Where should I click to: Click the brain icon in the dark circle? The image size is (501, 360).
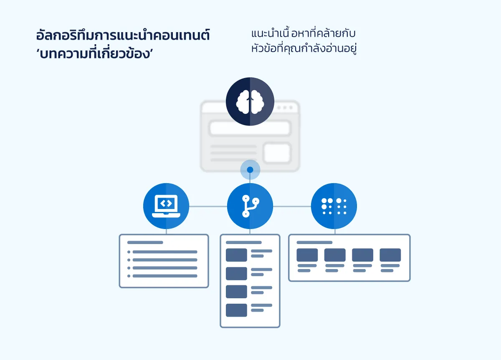(x=250, y=101)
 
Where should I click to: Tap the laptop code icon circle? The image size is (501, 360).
(x=166, y=206)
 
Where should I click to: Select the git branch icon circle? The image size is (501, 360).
(x=250, y=206)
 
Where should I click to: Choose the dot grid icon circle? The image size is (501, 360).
(x=334, y=206)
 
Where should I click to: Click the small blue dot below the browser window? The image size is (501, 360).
(x=250, y=170)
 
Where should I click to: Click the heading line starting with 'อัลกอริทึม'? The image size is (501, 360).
(x=123, y=36)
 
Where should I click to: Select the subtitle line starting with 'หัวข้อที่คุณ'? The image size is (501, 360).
(x=305, y=48)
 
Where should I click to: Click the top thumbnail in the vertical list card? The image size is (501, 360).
(x=236, y=255)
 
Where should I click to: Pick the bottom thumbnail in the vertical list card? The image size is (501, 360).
(x=236, y=310)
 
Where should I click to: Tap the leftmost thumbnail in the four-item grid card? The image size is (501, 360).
(x=307, y=255)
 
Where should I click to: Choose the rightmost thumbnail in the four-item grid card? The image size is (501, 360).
(x=390, y=255)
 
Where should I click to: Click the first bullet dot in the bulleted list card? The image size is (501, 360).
(x=129, y=252)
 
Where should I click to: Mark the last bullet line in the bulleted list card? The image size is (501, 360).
(x=164, y=276)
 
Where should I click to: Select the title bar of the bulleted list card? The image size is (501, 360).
(x=145, y=242)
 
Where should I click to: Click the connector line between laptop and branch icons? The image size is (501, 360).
(x=208, y=206)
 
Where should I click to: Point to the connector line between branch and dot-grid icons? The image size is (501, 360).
(x=292, y=206)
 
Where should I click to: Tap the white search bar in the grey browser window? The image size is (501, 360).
(x=250, y=128)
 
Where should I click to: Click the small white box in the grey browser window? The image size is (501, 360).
(x=277, y=153)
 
